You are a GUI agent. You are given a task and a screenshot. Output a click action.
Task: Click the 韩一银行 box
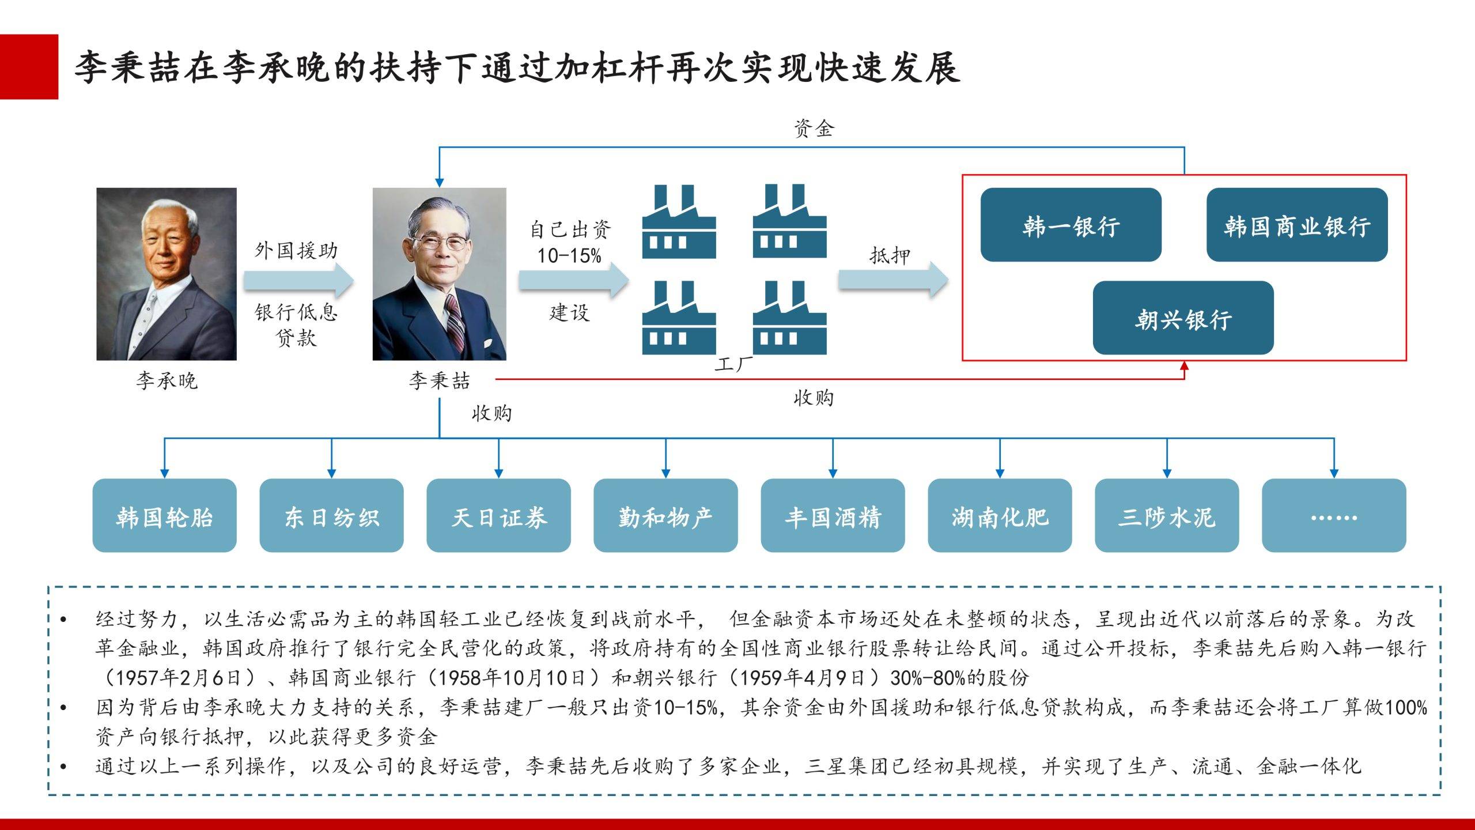(1071, 225)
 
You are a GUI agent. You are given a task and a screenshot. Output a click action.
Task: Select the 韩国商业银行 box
(1297, 225)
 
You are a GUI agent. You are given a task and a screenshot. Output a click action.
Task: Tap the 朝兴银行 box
(1183, 318)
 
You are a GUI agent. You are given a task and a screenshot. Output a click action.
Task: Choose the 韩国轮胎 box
(164, 515)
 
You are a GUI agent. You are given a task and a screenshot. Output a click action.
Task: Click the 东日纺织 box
(331, 515)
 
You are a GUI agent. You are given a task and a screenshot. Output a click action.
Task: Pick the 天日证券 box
(498, 515)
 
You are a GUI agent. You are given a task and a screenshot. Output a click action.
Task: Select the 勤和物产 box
(665, 515)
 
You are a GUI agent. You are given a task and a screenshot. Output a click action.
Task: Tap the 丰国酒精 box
(833, 515)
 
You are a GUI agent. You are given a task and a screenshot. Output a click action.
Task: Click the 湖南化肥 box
(1000, 515)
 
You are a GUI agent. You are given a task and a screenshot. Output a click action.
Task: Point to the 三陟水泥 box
(1167, 515)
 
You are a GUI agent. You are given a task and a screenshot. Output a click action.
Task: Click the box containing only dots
(1334, 515)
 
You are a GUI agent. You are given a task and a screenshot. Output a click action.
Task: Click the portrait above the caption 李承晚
(167, 274)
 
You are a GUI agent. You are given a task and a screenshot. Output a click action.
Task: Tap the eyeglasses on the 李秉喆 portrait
(439, 242)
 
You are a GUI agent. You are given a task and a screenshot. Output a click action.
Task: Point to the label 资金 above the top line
(814, 128)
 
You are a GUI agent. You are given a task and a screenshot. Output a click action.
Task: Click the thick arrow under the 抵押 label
(893, 280)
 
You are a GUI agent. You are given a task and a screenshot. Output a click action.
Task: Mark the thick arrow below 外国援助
(298, 280)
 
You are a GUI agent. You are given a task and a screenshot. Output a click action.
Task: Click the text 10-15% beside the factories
(569, 255)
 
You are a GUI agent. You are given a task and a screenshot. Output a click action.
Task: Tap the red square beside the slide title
(29, 67)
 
